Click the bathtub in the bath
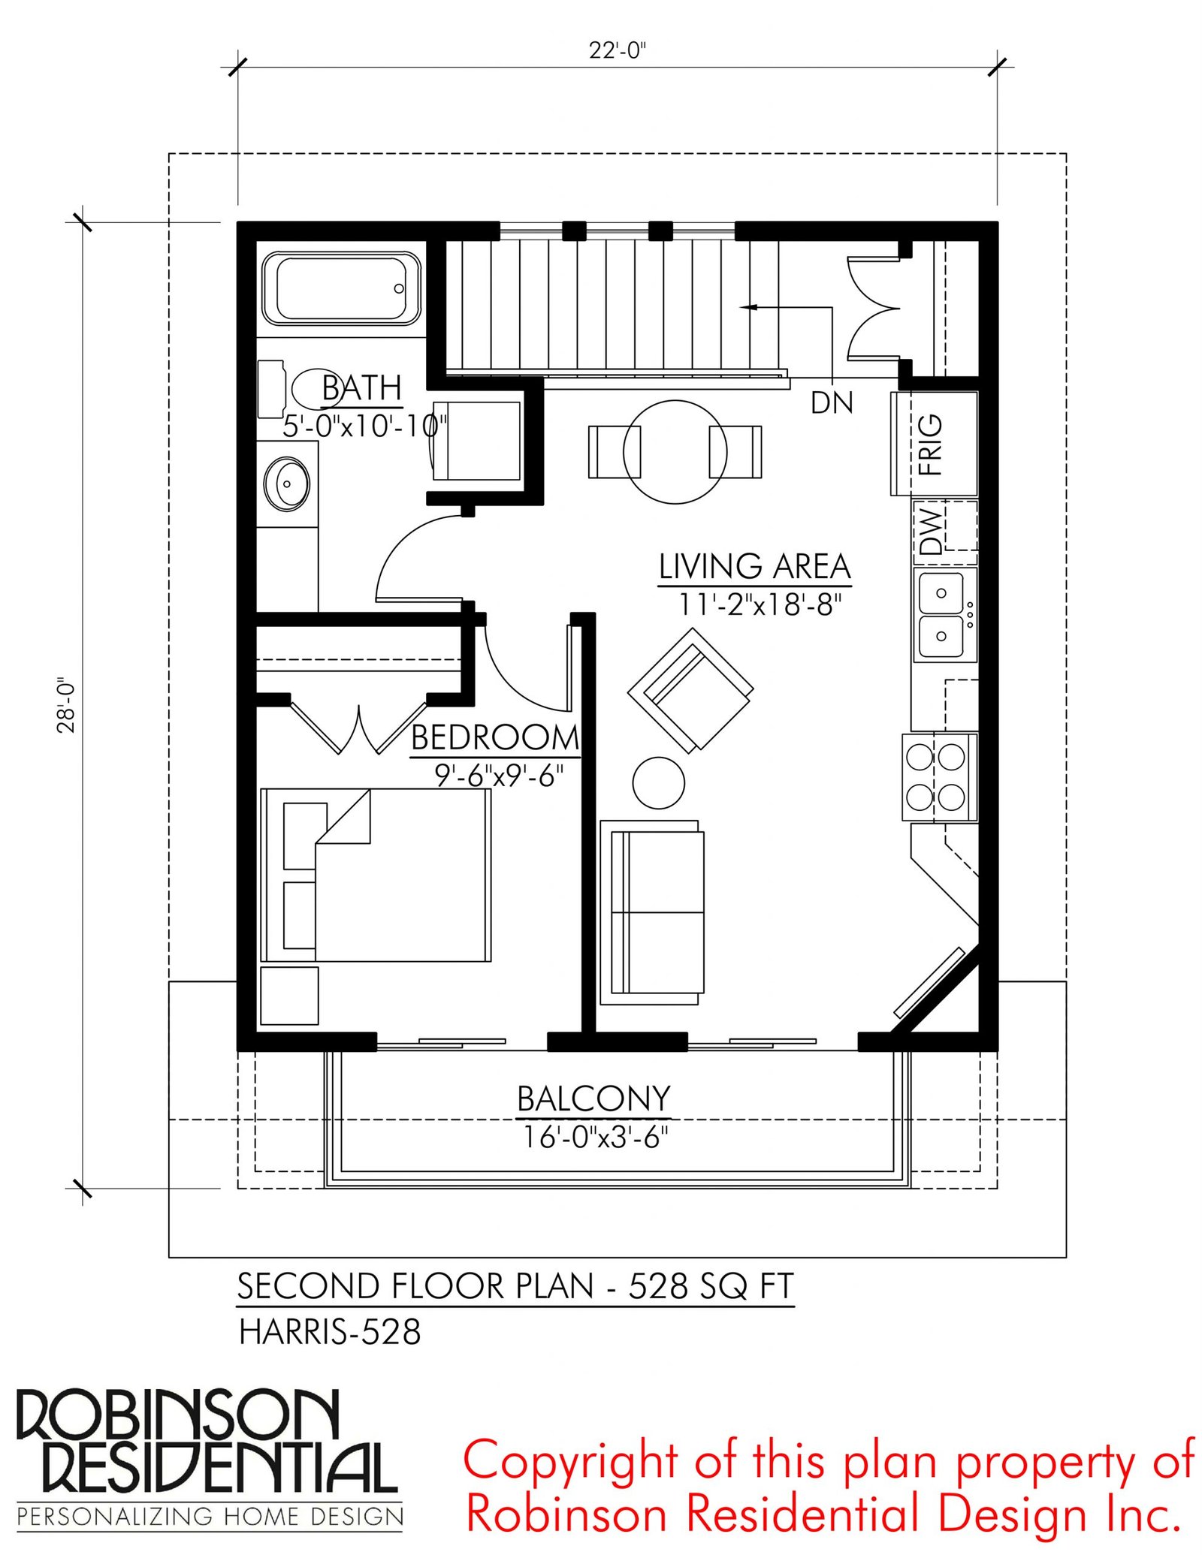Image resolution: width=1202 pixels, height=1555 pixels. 341,289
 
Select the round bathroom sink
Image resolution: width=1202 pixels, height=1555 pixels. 286,484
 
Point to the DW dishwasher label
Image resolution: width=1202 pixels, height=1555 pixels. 929,530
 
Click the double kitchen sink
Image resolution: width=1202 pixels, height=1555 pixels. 944,615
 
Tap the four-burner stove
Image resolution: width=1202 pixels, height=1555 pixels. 940,777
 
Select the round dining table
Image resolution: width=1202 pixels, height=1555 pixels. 675,451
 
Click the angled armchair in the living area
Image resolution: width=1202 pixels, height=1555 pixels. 690,690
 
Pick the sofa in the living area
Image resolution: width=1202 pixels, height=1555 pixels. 652,912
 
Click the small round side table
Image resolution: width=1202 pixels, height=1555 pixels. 658,782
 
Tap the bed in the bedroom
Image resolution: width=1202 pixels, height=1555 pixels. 376,875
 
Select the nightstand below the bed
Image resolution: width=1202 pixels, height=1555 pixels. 289,996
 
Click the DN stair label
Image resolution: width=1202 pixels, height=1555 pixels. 832,403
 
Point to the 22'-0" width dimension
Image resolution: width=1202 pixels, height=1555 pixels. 618,50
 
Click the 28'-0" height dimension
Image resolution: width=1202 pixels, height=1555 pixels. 67,705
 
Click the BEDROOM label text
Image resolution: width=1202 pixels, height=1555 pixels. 495,738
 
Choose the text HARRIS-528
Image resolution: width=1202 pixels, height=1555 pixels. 330,1333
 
